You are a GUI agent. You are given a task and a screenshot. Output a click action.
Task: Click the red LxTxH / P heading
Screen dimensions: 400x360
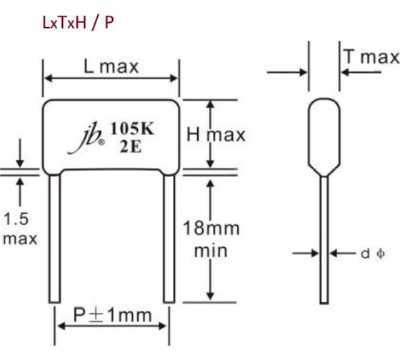coord(78,23)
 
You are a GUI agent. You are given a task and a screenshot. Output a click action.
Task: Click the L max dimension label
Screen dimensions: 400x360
coord(111,67)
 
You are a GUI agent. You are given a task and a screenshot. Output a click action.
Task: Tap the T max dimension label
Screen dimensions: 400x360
coord(371,56)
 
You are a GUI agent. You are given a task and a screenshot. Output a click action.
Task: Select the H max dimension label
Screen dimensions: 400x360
coord(216,134)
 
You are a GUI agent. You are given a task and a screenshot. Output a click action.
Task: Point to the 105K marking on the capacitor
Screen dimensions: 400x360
coord(132,129)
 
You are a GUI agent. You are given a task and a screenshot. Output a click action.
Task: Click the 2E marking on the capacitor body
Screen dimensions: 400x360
coord(130,146)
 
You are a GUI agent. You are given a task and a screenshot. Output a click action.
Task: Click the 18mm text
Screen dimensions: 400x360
coord(211,228)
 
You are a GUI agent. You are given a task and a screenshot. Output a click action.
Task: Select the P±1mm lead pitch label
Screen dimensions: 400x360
coord(113,315)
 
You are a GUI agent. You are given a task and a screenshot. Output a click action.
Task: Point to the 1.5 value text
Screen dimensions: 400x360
coord(16,219)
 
